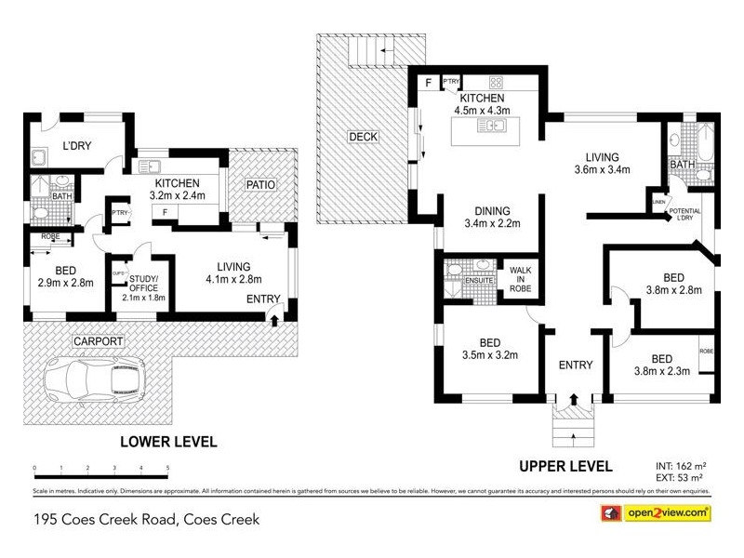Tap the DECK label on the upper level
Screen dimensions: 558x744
pyautogui.click(x=362, y=137)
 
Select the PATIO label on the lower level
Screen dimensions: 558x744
pyautogui.click(x=260, y=185)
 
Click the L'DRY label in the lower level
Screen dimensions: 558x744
pyautogui.click(x=77, y=146)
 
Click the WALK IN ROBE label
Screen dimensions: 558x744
pyautogui.click(x=519, y=280)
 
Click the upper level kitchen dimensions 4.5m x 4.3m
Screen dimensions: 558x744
pyautogui.click(x=478, y=111)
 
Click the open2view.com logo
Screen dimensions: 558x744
pyautogui.click(x=659, y=512)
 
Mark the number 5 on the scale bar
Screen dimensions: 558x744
pyautogui.click(x=167, y=468)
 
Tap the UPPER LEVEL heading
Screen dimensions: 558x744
pyautogui.click(x=567, y=465)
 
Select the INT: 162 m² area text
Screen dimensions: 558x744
pyautogui.click(x=684, y=462)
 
